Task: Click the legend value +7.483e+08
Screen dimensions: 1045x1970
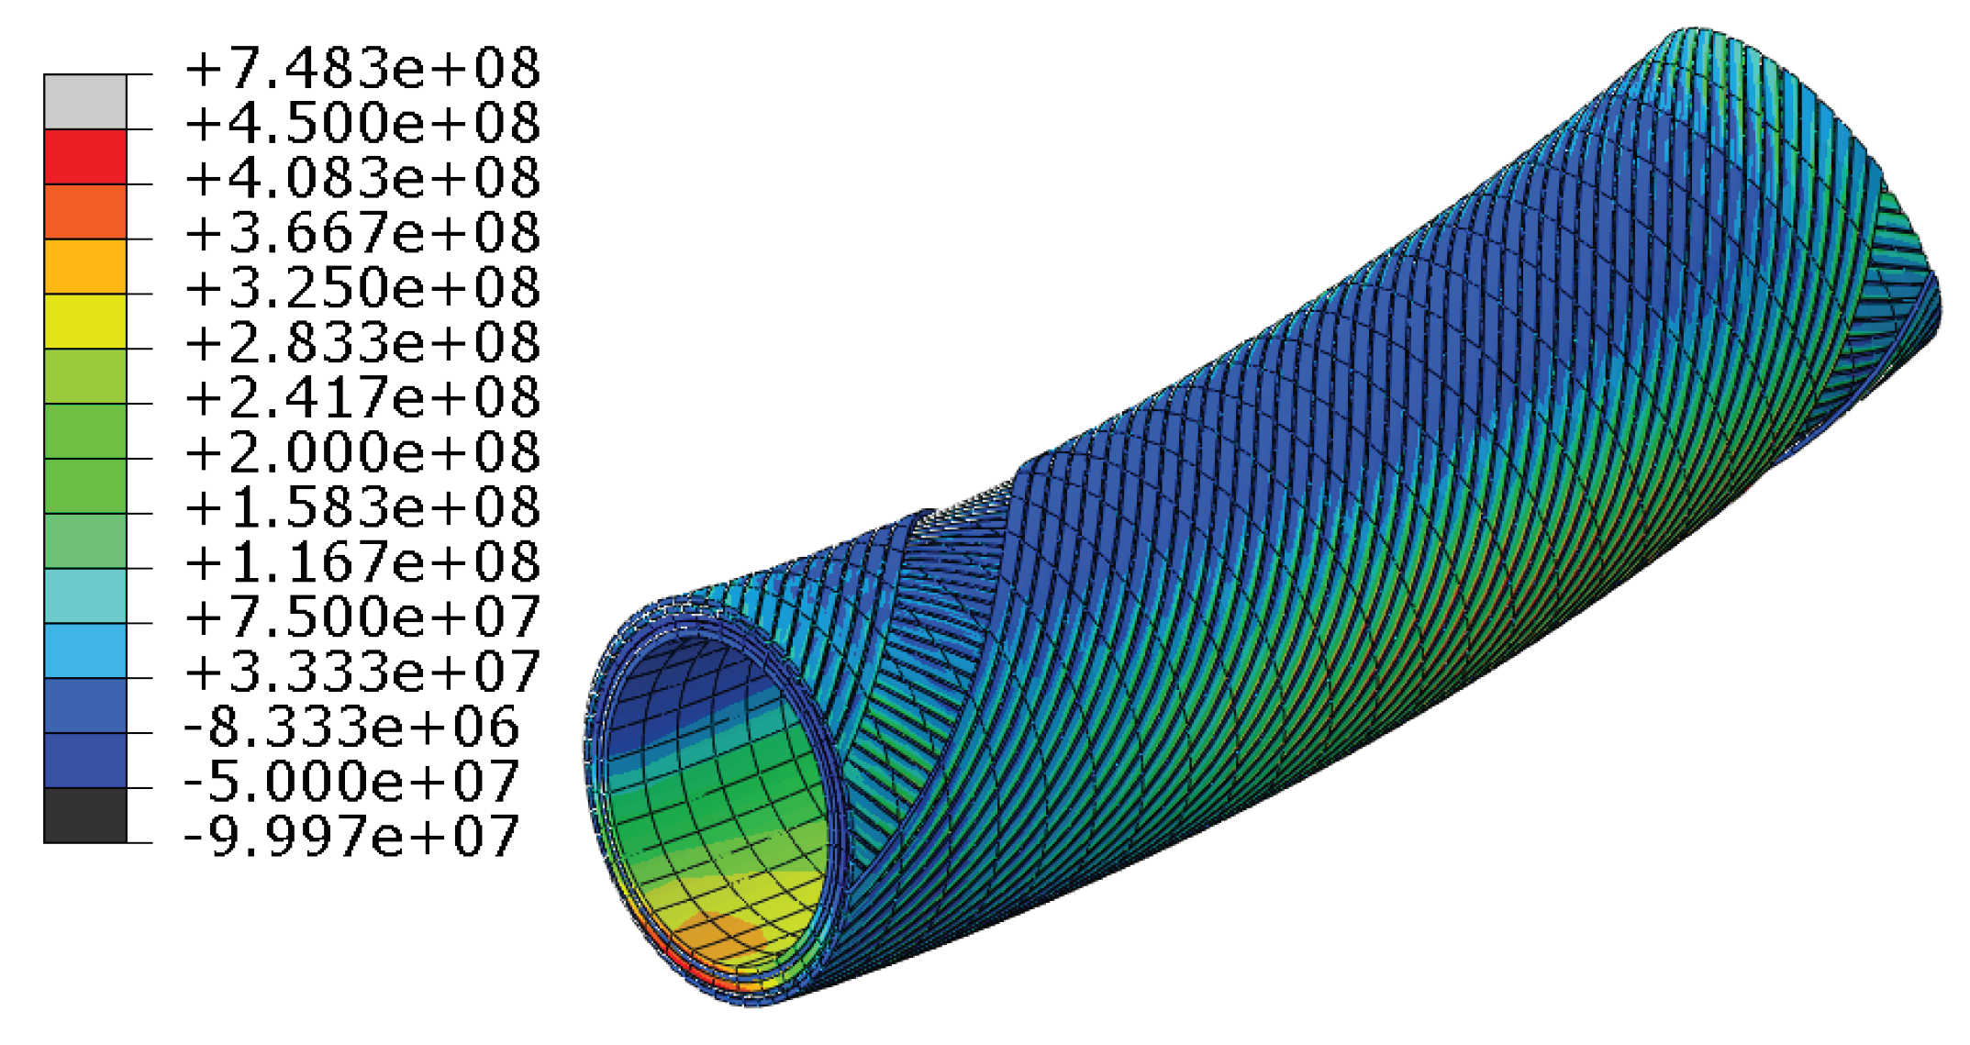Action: tap(362, 70)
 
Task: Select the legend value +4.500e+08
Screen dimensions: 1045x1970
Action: tap(362, 124)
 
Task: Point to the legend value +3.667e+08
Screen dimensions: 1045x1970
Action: tap(362, 233)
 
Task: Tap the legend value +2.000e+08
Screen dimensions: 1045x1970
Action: tap(362, 452)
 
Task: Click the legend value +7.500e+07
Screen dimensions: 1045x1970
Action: tap(362, 617)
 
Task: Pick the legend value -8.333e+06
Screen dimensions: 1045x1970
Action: tap(351, 727)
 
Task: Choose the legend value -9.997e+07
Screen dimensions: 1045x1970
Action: tap(351, 837)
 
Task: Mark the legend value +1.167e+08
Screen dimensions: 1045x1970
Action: tap(362, 561)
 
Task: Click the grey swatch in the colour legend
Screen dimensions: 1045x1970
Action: tap(85, 102)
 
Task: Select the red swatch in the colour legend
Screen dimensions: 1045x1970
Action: tap(85, 157)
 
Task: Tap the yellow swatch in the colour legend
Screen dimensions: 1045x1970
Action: tap(85, 321)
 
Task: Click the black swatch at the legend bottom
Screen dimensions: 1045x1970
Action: tap(85, 815)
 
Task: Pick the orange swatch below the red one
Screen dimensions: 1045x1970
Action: tap(85, 212)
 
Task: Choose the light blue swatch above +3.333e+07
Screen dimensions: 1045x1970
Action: tap(85, 650)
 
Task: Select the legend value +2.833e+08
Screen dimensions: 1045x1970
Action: tap(362, 343)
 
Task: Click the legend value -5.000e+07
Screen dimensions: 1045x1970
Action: tap(351, 782)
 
